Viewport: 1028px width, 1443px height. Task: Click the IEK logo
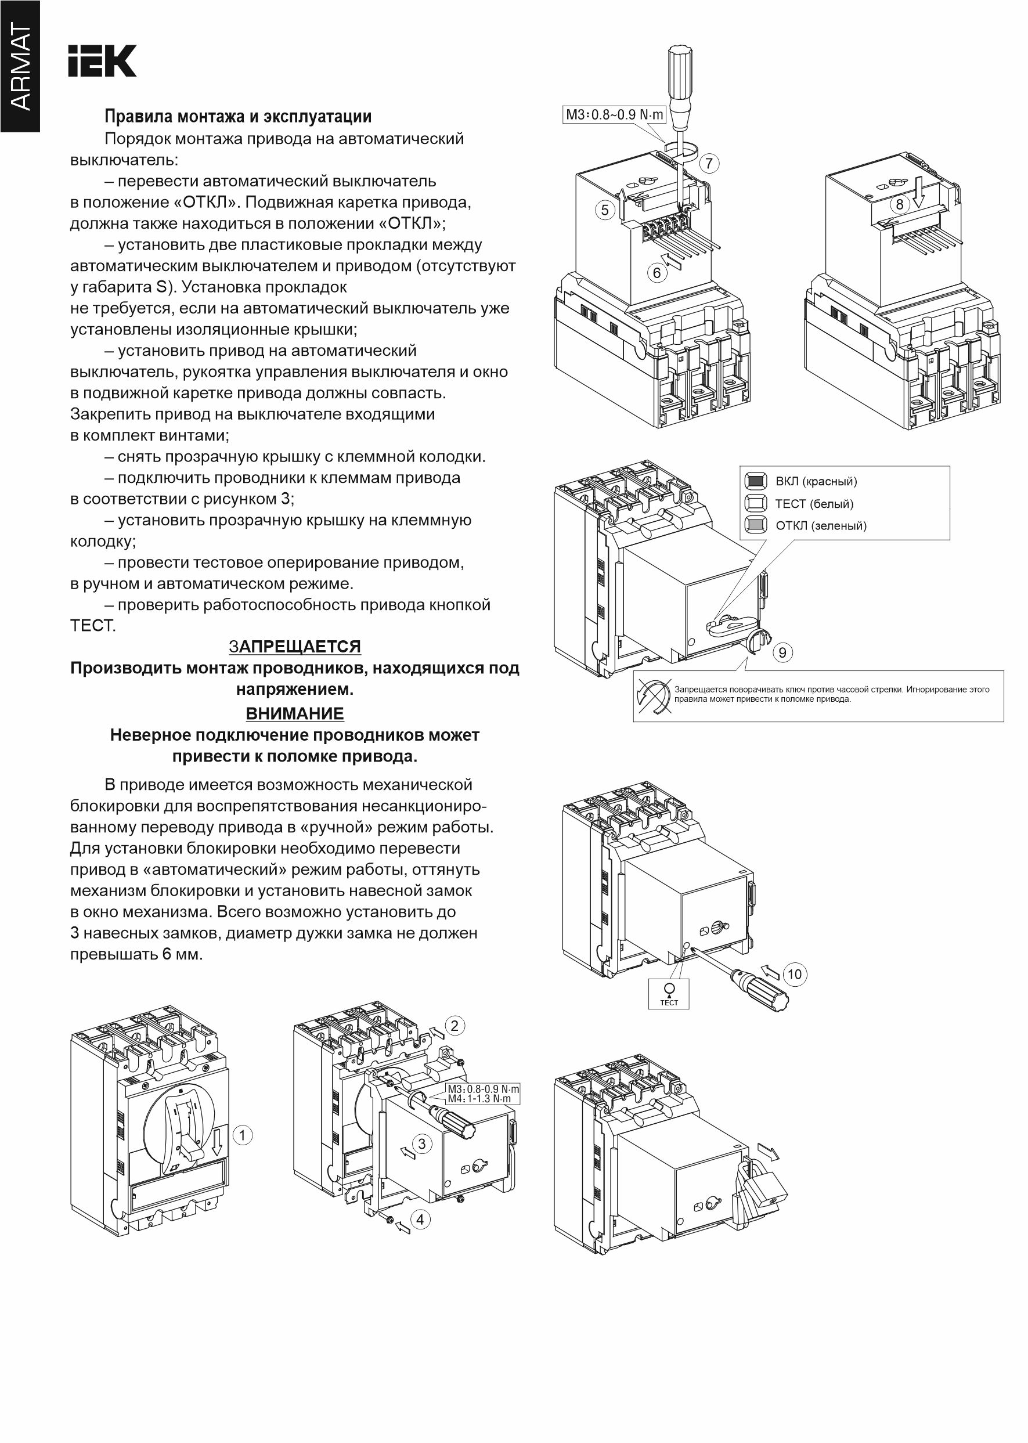pos(102,62)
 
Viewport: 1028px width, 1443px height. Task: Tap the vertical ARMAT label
pos(20,66)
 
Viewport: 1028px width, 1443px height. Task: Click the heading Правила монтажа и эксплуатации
pos(237,117)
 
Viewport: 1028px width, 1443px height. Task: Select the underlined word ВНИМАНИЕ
pos(294,713)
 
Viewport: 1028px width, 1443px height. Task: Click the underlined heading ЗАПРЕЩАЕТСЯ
pos(294,646)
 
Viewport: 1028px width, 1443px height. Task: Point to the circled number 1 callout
pos(243,1135)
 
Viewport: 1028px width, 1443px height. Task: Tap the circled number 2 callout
pos(455,1025)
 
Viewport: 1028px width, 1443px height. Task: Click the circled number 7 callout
pos(709,163)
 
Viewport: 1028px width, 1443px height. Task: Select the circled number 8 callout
pos(900,204)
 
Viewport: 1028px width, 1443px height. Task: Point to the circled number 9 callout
pos(782,652)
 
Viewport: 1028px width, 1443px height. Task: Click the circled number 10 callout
pos(795,974)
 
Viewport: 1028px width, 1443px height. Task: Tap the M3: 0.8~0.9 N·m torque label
pos(614,114)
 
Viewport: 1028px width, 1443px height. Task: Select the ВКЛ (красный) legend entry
pos(816,482)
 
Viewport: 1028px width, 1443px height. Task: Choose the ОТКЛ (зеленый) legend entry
pos(820,525)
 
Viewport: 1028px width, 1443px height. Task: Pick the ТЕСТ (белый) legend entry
pos(814,504)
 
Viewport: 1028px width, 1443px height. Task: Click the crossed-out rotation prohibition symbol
pos(653,697)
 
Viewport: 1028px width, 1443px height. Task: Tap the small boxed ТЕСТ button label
pos(669,993)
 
